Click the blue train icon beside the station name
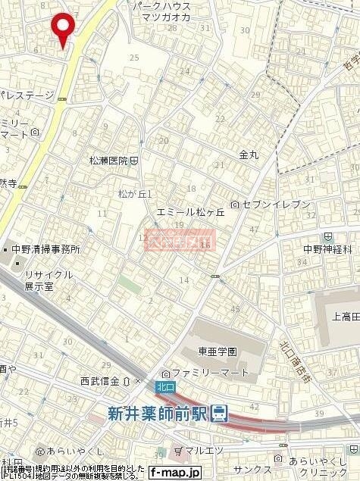(219, 413)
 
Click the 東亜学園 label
(218, 351)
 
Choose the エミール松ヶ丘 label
(191, 213)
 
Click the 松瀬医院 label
(109, 161)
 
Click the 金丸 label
(249, 154)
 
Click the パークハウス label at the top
(158, 5)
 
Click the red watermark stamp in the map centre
(180, 241)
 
